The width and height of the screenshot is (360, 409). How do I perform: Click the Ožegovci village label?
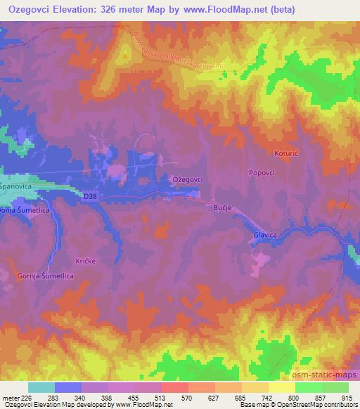click(188, 180)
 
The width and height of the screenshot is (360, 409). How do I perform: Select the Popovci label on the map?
click(261, 172)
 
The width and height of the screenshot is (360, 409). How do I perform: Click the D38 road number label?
click(88, 197)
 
